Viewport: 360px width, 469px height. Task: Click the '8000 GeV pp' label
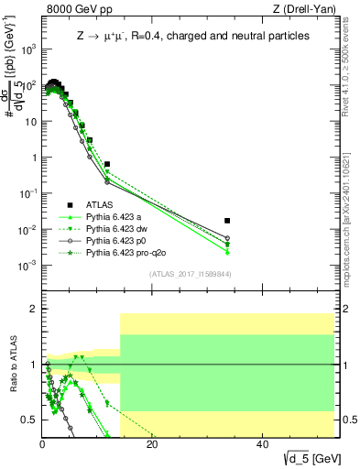tap(73, 10)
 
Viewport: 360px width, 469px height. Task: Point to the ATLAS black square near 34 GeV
tap(330, 221)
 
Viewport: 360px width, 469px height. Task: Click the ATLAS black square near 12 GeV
tap(107, 164)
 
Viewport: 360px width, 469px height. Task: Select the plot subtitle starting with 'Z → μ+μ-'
tap(192, 36)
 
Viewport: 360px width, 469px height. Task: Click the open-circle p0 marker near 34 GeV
tap(330, 238)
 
